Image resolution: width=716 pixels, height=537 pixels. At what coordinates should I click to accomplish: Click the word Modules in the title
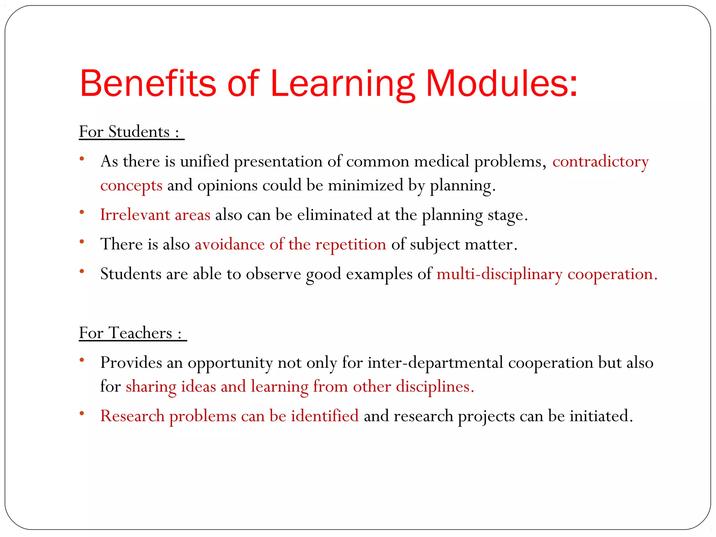coord(501,84)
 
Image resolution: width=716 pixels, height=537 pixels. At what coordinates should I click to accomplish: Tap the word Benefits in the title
coord(148,84)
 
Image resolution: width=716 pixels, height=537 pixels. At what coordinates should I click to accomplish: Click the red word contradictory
coord(600,162)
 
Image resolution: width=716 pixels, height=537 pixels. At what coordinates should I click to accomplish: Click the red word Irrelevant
coord(135,215)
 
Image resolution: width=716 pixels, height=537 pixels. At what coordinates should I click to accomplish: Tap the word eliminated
coord(335,215)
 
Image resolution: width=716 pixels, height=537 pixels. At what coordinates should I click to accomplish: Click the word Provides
coord(131,363)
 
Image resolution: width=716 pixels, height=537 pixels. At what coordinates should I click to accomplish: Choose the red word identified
coord(325,416)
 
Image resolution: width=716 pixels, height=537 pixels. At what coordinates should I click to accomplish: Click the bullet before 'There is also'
coord(82,242)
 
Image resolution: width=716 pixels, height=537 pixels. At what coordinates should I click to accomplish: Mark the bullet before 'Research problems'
coord(82,414)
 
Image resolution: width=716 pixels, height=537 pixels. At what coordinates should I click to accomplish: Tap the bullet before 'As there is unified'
coord(82,159)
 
